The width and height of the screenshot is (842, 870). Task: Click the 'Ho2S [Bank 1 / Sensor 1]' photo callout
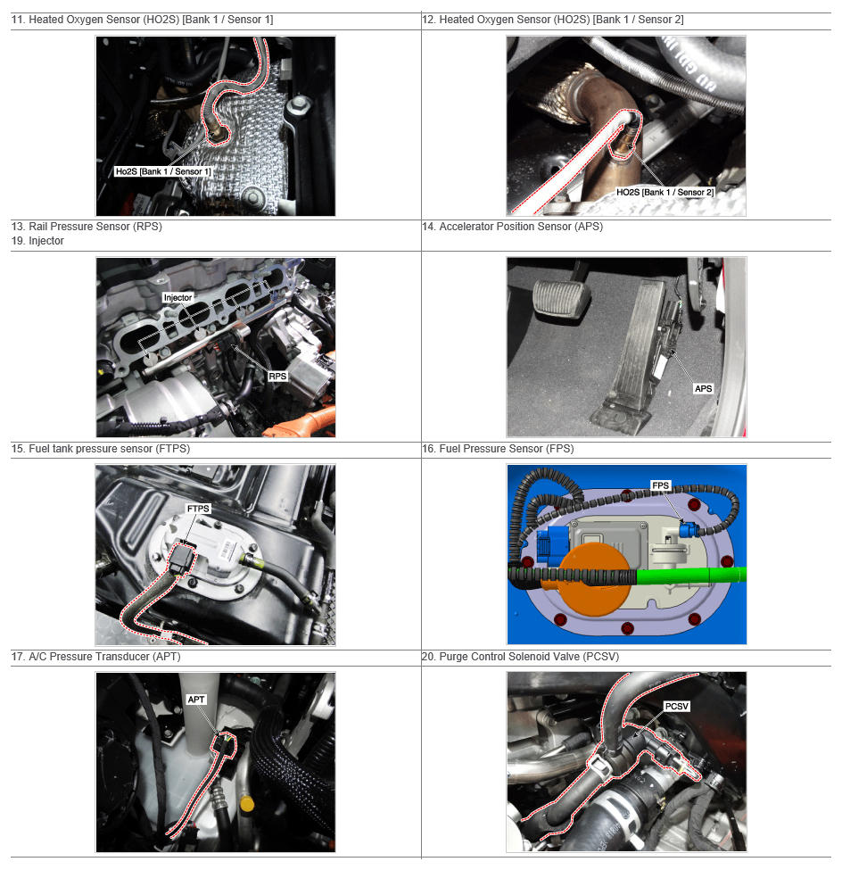(163, 171)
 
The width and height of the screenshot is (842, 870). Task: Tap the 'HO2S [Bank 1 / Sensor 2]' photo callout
(665, 192)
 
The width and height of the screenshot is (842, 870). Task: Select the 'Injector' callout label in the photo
(177, 297)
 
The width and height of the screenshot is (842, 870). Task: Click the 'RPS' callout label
(277, 377)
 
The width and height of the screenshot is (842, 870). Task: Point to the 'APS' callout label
(703, 388)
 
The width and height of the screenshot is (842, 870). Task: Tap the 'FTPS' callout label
(198, 509)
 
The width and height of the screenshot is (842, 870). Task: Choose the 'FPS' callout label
(660, 485)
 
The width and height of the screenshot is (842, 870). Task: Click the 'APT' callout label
(196, 700)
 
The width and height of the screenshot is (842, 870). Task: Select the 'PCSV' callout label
(677, 707)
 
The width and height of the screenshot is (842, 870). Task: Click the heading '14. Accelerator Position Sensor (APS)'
(513, 227)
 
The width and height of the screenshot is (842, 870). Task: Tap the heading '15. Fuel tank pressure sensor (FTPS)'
(101, 448)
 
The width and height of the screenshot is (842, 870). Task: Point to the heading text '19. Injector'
(37, 241)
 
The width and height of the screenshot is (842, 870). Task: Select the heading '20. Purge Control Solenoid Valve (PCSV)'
(520, 657)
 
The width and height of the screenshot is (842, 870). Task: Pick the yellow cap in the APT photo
(247, 803)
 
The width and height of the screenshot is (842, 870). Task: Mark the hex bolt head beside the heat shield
(299, 104)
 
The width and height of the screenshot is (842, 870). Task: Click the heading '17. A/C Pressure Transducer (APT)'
(96, 657)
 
